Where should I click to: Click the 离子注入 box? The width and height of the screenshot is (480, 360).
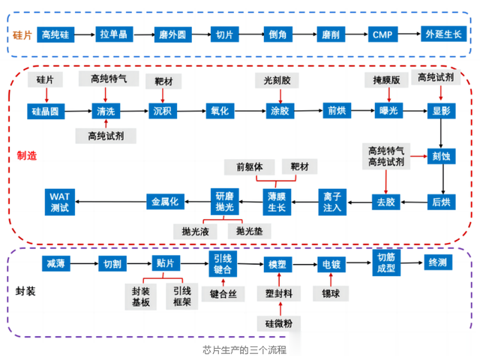[332, 200]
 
